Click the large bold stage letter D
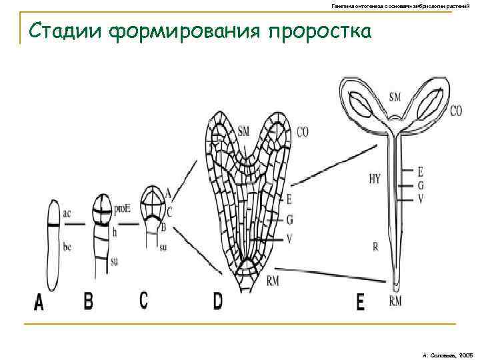pos(218,301)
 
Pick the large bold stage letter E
pos(361,303)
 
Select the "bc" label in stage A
pos(67,247)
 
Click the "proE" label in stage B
pos(121,209)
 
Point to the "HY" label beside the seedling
pos(374,178)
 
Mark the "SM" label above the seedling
pos(395,97)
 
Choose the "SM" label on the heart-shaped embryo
pos(243,132)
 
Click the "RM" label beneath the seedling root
pos(396,301)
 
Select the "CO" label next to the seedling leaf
pos(456,111)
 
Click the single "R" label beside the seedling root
pos(375,247)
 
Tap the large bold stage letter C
pos(144,300)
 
